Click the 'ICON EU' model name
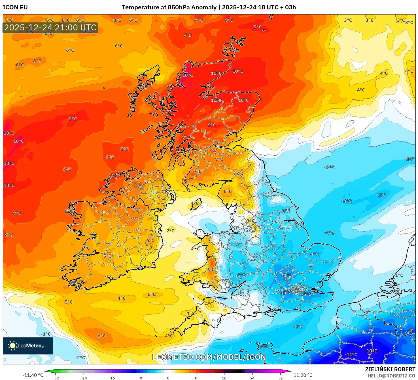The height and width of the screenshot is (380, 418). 15,7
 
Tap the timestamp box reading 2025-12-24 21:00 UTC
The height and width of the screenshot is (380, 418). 50,28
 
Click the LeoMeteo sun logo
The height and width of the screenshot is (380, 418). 12,346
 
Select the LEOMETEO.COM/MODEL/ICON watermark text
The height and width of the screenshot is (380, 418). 209,357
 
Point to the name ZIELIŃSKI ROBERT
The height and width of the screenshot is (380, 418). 390,369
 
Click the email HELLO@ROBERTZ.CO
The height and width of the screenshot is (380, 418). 391,376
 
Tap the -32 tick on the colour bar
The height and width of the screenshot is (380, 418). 56,378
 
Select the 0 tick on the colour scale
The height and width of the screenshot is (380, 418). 168,378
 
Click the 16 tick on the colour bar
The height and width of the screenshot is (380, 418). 224,378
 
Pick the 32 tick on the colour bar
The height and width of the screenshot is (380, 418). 280,378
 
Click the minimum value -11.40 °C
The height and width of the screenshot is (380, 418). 33,375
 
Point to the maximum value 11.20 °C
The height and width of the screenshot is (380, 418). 303,375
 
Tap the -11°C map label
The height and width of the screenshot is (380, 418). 351,354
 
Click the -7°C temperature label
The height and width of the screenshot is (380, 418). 409,332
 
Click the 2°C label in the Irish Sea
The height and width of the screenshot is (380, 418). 170,231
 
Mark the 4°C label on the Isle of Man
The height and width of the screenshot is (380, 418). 195,203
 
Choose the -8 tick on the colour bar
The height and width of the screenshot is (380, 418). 140,378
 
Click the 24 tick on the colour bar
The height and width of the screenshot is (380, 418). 252,378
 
